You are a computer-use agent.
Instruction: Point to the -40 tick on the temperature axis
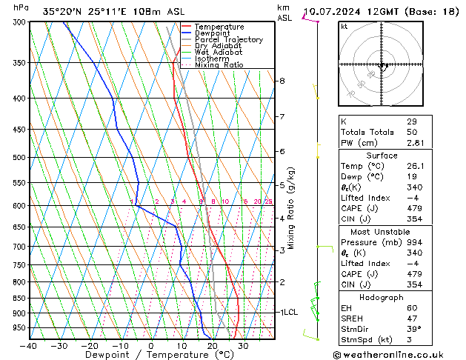pos(29,345)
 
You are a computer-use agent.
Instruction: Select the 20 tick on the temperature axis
pos(212,345)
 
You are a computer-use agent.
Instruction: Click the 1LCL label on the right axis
pos(288,313)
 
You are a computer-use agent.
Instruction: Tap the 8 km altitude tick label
pos(282,80)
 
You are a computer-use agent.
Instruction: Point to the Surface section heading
pos(382,156)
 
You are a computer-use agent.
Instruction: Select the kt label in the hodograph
pos(344,26)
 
